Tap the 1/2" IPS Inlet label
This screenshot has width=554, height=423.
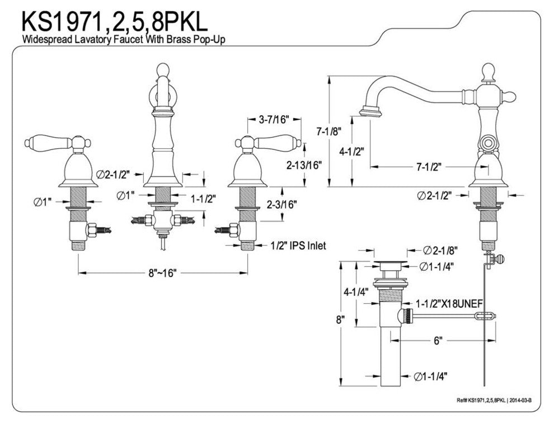click(298, 245)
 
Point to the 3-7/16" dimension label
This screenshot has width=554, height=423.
click(274, 119)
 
